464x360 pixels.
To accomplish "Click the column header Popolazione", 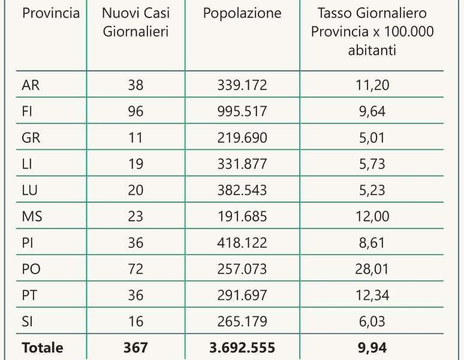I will pos(242,14).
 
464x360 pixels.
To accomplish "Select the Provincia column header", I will pos(51,14).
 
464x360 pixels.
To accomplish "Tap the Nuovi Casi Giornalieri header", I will pos(135,23).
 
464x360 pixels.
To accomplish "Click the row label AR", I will pos(31,85).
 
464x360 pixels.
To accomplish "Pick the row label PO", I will pos(31,269).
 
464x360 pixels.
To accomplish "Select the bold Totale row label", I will pos(42,347).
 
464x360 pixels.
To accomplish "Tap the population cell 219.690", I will pos(242,138).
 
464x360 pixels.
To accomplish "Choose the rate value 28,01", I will pos(372,269).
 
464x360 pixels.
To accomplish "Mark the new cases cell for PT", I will pos(135,295).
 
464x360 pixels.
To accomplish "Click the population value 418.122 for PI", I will pos(242,242).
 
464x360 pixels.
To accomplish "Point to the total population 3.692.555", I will pos(242,347).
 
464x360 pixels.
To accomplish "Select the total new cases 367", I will pos(135,347).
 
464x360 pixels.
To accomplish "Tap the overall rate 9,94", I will pos(372,347).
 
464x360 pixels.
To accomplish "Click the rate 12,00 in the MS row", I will pos(372,217).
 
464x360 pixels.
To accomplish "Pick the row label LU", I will pos(31,190).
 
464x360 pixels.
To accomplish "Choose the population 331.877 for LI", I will pos(242,164).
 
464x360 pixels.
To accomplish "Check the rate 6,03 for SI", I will pos(372,322).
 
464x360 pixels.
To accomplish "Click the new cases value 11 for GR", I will pos(135,138).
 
